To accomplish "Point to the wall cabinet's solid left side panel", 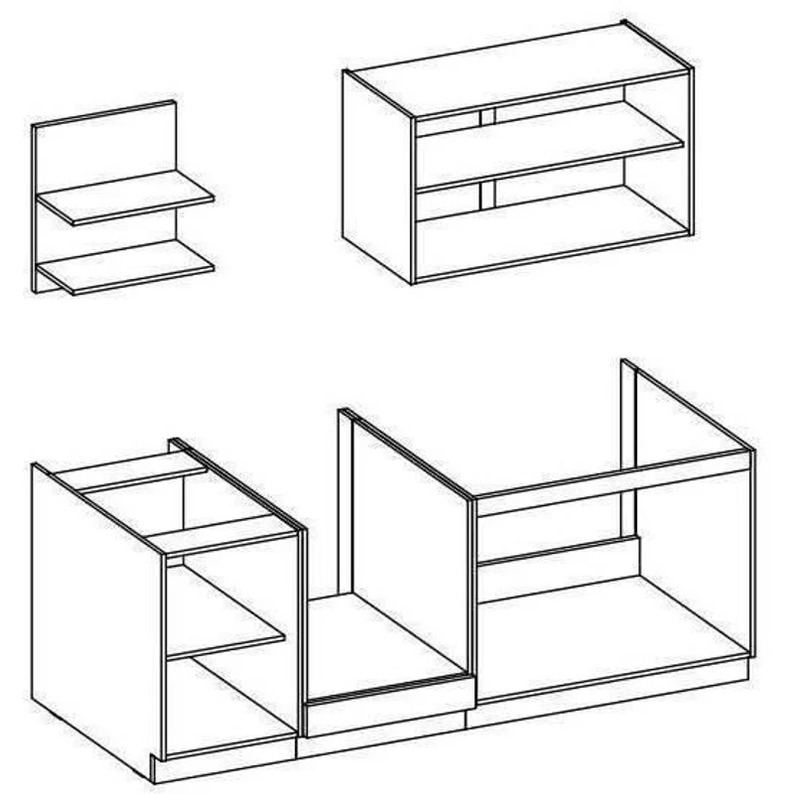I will point(377,174).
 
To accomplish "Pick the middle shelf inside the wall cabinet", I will point(546,147).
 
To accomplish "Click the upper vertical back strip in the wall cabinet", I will point(485,116).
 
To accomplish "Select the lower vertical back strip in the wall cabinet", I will point(485,196).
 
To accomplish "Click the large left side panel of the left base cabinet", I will point(94,605).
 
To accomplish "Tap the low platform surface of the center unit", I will point(382,645).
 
